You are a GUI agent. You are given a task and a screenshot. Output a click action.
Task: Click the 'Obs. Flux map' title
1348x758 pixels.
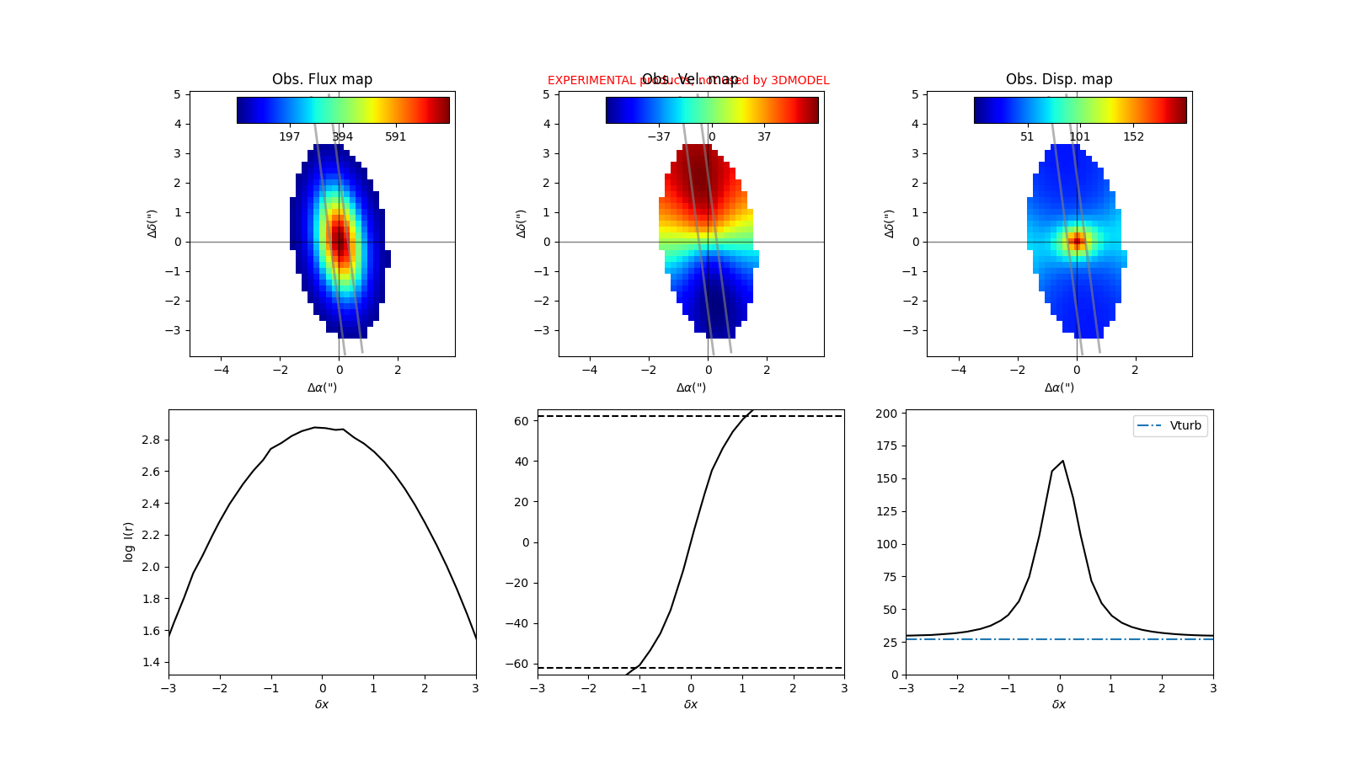click(x=322, y=79)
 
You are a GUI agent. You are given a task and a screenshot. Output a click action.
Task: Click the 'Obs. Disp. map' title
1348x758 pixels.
click(x=1059, y=79)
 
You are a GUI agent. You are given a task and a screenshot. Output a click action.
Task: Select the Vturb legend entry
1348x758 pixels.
click(x=1185, y=425)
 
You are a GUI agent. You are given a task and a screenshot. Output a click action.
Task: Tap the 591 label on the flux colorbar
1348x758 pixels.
click(x=395, y=136)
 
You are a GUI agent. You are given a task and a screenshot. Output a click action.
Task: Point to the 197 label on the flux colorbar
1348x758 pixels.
click(x=289, y=136)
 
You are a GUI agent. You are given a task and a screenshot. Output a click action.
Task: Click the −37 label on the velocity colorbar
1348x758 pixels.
click(x=658, y=136)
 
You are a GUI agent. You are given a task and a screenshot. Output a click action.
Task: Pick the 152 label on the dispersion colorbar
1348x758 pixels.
click(x=1133, y=136)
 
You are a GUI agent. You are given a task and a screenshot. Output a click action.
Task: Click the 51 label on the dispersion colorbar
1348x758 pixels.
click(x=1027, y=136)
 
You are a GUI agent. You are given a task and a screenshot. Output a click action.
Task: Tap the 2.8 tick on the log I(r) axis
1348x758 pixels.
click(x=152, y=440)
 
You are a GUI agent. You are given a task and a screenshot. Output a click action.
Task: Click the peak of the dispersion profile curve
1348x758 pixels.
click(x=1062, y=461)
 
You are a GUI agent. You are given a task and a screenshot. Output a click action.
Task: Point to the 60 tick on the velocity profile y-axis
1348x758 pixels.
click(x=522, y=421)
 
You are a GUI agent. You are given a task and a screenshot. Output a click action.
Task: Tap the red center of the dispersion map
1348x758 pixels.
click(x=1076, y=242)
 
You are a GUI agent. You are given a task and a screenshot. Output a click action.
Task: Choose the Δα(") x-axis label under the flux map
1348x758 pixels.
click(x=322, y=387)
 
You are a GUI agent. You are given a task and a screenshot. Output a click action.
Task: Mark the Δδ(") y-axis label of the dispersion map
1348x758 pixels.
click(x=890, y=223)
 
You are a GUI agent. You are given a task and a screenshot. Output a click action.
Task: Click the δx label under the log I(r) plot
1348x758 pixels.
click(x=322, y=704)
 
